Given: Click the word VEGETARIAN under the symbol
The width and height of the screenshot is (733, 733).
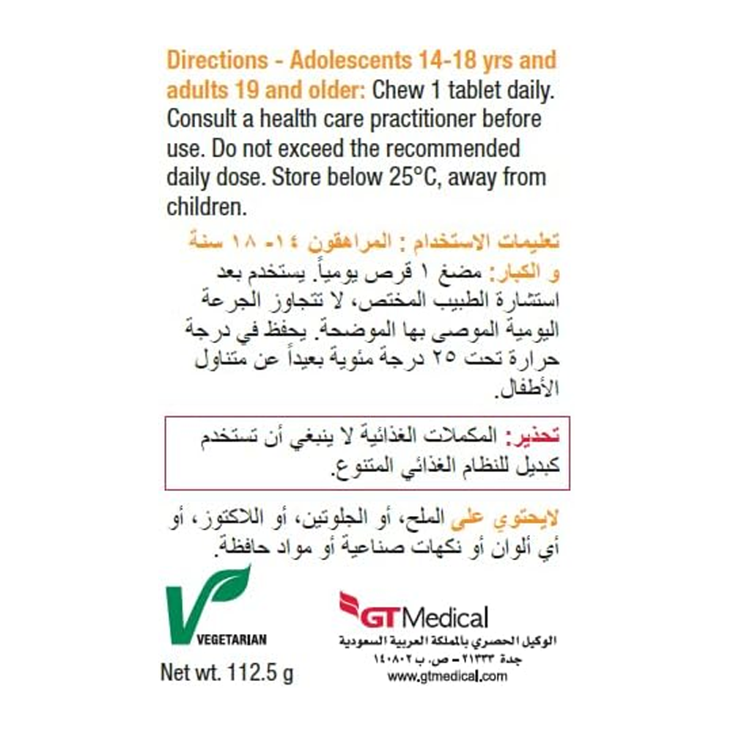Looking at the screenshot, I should click(232, 639).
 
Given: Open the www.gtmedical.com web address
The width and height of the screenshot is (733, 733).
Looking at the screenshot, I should click(447, 677).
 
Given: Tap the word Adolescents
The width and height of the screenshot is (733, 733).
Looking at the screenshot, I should click(345, 60).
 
